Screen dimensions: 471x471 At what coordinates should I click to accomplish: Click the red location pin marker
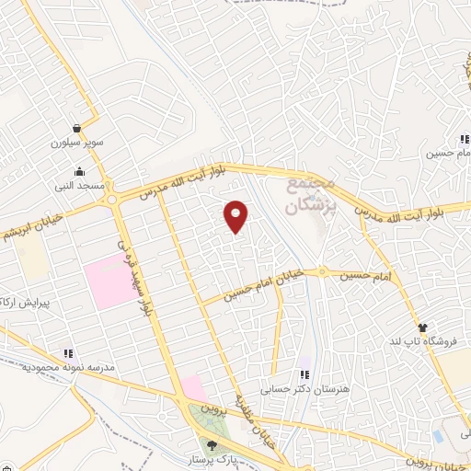pyautogui.click(x=236, y=217)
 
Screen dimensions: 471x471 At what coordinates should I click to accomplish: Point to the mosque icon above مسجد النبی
pyautogui.click(x=81, y=171)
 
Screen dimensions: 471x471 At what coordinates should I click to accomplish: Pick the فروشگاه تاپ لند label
pyautogui.click(x=422, y=341)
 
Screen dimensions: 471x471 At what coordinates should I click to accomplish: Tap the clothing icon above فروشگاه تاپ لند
pyautogui.click(x=422, y=327)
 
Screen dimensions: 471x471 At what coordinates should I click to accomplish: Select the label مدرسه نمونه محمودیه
pyautogui.click(x=66, y=367)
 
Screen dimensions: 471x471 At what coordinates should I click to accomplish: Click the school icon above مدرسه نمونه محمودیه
pyautogui.click(x=66, y=353)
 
